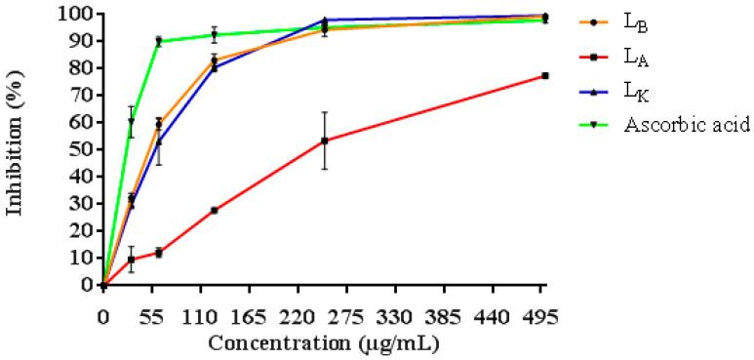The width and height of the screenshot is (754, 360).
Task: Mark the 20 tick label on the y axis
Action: [x=86, y=231]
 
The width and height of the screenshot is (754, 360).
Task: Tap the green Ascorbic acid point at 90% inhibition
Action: [x=158, y=41]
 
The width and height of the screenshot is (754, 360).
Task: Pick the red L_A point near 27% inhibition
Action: [x=214, y=210]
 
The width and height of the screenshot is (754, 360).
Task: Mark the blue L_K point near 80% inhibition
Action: [x=214, y=67]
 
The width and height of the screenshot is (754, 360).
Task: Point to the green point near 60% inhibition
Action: [x=131, y=122]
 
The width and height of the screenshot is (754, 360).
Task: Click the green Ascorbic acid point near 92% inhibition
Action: [x=214, y=35]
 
